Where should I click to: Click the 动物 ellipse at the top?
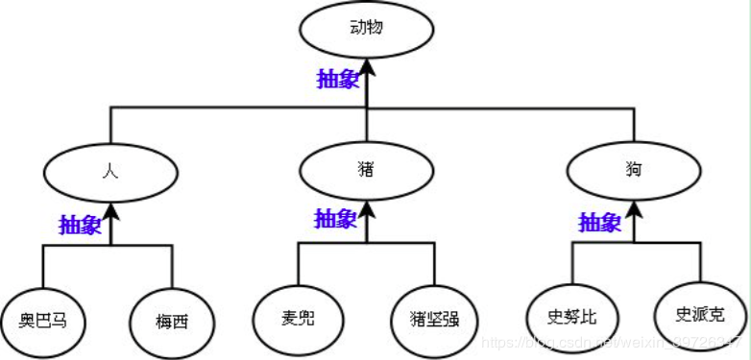coord(367,30)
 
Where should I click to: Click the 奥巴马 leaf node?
coord(46,317)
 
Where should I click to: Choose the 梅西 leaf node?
coord(173,318)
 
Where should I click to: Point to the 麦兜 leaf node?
coord(298,315)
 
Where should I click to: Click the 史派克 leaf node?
coord(699,313)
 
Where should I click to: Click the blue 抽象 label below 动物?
coord(338,78)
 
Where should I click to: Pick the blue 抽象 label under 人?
coord(80,225)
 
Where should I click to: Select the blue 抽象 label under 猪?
coord(336,218)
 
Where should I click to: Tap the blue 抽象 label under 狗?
coord(600,224)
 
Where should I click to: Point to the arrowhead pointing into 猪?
coord(366,208)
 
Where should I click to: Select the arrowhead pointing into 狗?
coord(633,210)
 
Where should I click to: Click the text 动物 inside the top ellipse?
coord(367,28)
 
